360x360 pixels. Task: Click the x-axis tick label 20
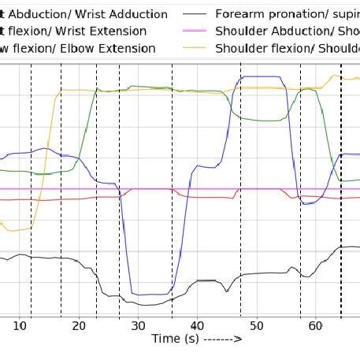pyautogui.click(x=79, y=325)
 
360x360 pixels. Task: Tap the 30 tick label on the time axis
pyautogui.click(x=138, y=325)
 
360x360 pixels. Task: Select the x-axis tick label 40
pyautogui.click(x=197, y=325)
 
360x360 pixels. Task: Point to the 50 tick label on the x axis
pyautogui.click(x=256, y=325)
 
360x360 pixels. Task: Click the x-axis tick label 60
pyautogui.click(x=315, y=325)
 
